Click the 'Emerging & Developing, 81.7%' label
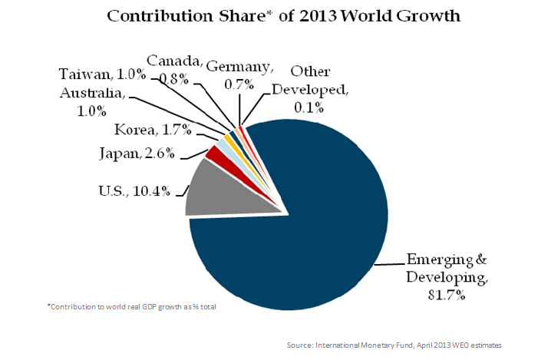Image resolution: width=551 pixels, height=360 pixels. [x=447, y=274]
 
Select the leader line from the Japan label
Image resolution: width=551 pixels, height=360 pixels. [x=190, y=154]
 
